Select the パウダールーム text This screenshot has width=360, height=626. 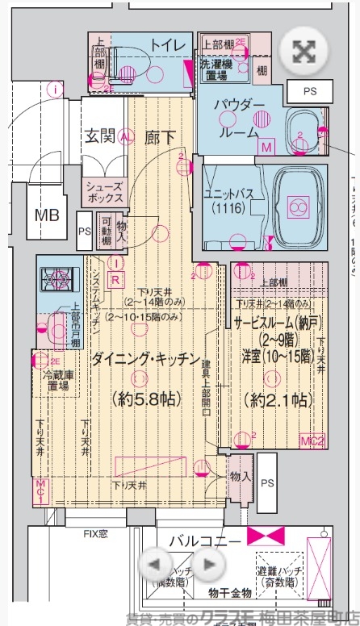(239, 118)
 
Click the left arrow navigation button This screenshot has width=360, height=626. (158, 564)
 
